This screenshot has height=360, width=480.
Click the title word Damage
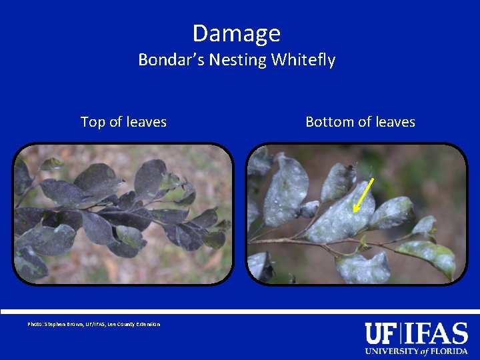237,33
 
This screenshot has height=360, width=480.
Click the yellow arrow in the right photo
363,195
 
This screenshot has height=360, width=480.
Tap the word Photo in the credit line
35,325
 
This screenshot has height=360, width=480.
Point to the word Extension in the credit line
148,325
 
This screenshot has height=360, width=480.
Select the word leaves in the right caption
395,122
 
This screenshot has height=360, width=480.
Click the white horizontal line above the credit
240,312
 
